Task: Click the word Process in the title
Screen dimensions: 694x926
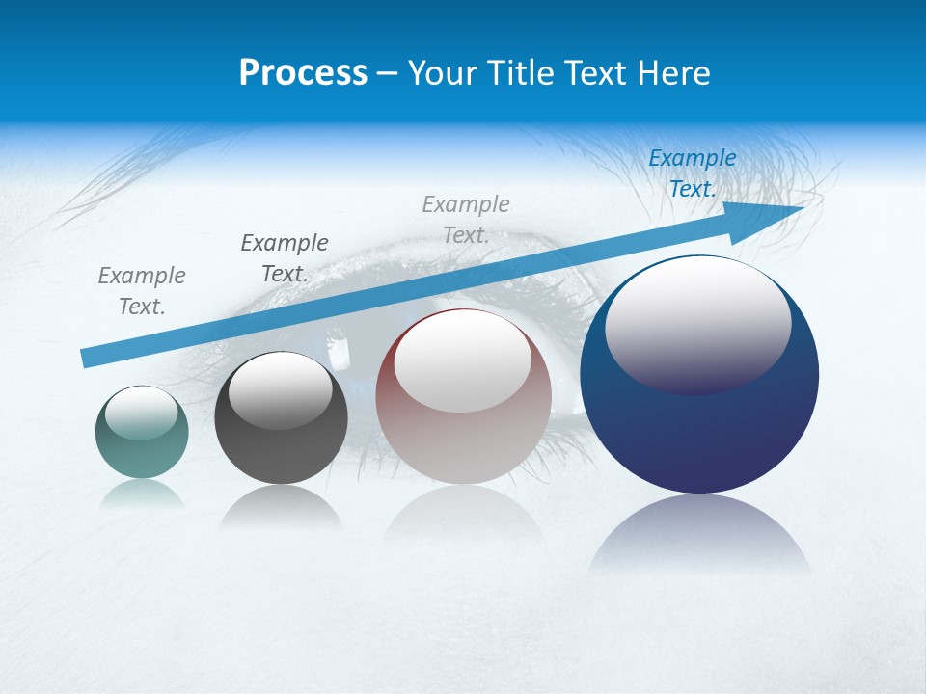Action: coord(303,73)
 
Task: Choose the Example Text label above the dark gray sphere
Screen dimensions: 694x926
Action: coord(285,258)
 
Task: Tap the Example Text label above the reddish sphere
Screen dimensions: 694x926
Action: coord(466,220)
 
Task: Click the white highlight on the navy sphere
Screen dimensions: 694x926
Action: coord(697,323)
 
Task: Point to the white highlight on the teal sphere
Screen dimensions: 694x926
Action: coord(141,412)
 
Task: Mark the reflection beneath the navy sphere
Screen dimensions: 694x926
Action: coord(699,535)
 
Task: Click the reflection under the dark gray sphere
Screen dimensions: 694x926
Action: coord(281,506)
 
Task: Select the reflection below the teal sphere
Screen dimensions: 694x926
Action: coord(142,494)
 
